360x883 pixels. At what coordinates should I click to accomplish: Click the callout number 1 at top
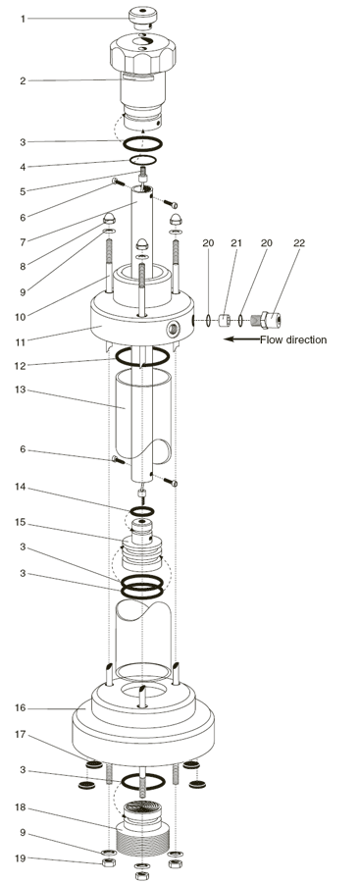[x=24, y=20]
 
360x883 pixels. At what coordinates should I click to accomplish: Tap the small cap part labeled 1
[x=142, y=16]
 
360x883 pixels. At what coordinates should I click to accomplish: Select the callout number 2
[x=24, y=81]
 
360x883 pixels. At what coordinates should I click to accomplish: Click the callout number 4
[x=24, y=167]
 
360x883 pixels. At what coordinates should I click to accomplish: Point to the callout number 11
[x=21, y=340]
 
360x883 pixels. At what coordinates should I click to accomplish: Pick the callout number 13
[x=21, y=390]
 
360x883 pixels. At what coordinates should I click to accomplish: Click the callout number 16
[x=21, y=707]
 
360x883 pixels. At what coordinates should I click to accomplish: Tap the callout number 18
[x=21, y=807]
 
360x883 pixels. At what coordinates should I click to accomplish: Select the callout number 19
[x=21, y=858]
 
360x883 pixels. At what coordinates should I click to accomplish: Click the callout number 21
[x=236, y=242]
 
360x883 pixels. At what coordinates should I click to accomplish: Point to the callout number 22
[x=299, y=242]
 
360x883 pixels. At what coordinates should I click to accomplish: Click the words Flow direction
[x=293, y=339]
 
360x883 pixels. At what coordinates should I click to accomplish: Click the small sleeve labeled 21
[x=224, y=321]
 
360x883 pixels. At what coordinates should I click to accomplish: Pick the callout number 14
[x=21, y=487]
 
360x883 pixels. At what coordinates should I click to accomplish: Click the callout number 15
[x=21, y=523]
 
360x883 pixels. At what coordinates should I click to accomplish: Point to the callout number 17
[x=21, y=734]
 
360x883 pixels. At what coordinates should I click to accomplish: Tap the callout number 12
[x=21, y=366]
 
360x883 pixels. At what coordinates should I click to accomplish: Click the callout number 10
[x=21, y=317]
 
